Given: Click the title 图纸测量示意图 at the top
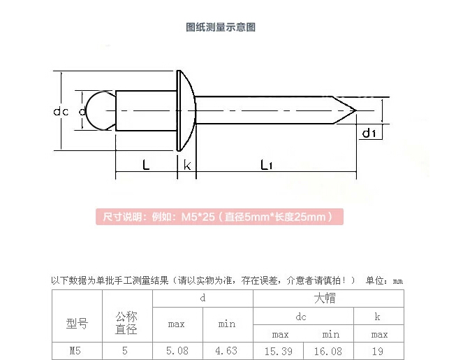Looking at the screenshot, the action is pos(221,27).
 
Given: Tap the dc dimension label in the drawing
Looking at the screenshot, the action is pos(61,111).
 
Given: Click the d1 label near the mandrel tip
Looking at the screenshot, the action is pos(369,134).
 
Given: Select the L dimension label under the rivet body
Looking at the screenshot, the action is pos(146,165).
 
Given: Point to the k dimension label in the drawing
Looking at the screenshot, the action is pos(187,165).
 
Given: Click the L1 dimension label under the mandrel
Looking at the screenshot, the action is pos(266,165).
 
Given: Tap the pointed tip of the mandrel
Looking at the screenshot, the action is pos(355,110).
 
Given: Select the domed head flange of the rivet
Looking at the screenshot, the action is pos(186,110).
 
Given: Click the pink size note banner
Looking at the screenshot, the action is pos(219,217).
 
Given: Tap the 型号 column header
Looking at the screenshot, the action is pos(77,324).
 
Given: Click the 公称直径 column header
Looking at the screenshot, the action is pos(126,323).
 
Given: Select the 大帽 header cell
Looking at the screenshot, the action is pos(325,298).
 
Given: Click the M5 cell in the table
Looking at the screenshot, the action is pos(75,351).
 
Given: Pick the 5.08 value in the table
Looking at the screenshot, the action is pos(177,351).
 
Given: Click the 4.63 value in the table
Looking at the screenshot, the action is pos(226,351).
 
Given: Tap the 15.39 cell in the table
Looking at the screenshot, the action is pos(279,352).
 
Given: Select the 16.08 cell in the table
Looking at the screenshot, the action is pos(328,352).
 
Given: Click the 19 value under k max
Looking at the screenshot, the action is pos(378,352).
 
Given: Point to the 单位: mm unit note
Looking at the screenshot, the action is pos(384,280).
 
